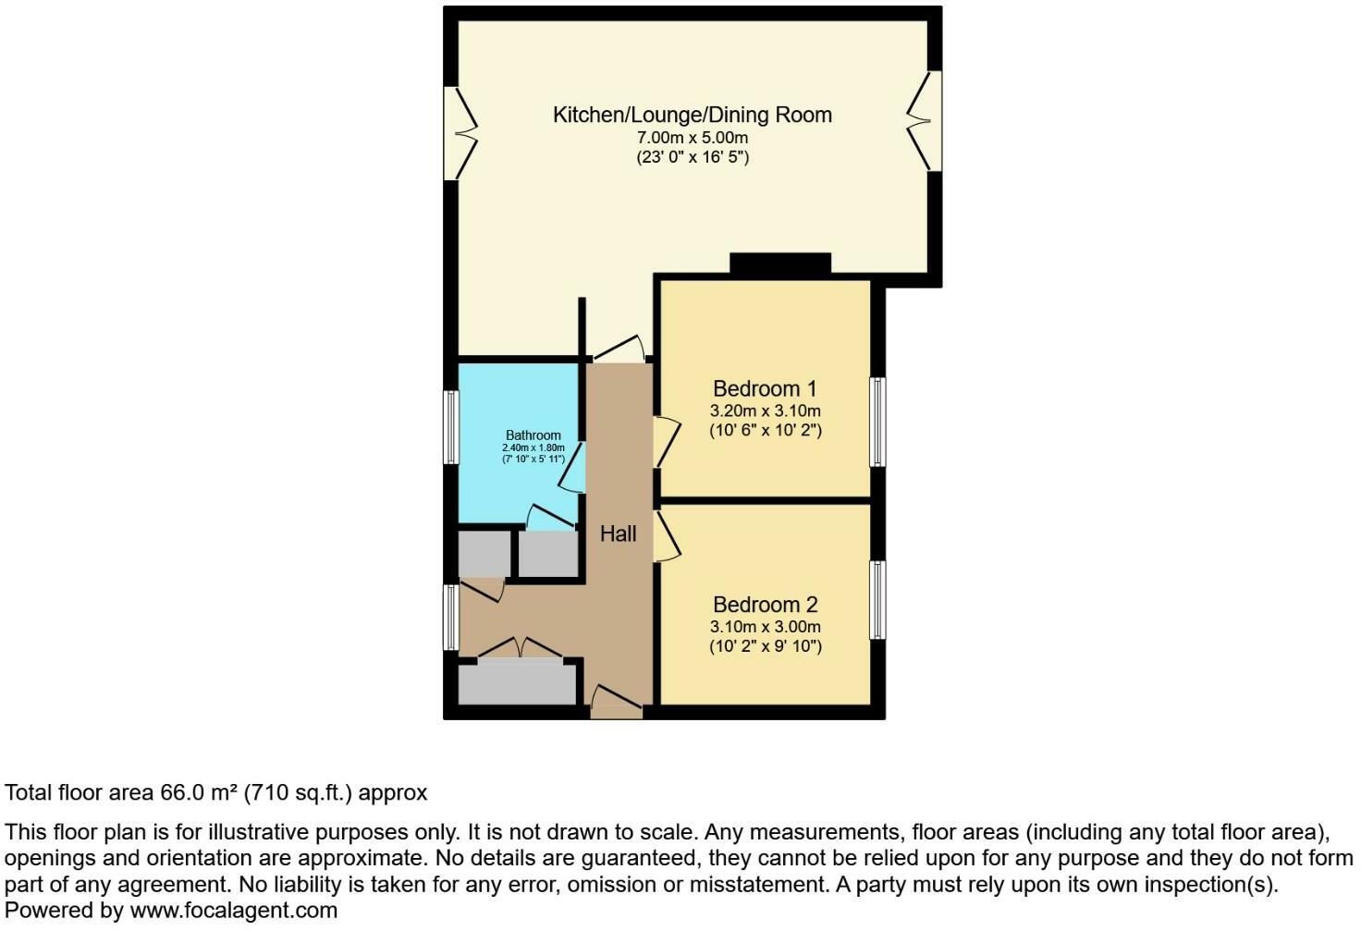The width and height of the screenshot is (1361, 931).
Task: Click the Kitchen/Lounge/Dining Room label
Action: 692,116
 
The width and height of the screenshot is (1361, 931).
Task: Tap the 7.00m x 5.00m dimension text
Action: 692,138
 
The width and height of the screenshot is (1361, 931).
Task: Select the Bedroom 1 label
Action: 765,388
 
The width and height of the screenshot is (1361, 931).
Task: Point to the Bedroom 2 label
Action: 765,605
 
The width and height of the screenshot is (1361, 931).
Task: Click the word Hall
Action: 618,533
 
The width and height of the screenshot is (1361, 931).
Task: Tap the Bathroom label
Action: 533,435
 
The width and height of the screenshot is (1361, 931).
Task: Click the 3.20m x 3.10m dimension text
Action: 765,411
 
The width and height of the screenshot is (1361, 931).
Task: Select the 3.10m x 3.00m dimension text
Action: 765,627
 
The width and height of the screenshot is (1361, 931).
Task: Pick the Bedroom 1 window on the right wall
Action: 877,422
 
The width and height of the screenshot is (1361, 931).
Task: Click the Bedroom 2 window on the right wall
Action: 877,599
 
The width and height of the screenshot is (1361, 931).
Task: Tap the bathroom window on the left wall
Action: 451,426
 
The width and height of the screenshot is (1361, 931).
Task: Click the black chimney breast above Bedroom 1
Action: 780,263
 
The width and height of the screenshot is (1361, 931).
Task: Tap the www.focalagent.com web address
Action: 234,911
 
